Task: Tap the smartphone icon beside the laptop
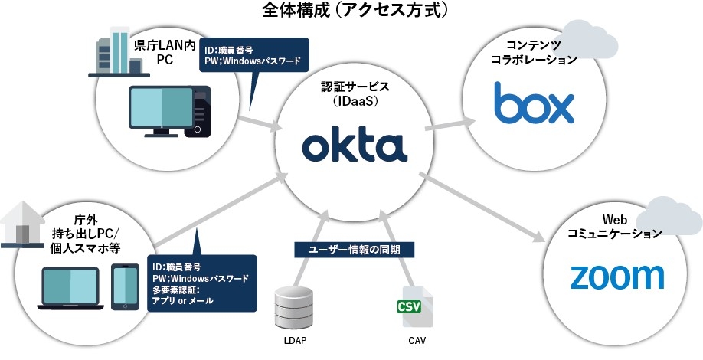click(x=126, y=288)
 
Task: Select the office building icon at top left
click(x=116, y=51)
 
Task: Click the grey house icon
click(x=25, y=223)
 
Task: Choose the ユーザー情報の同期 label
click(x=355, y=249)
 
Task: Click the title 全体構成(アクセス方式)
click(x=354, y=10)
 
